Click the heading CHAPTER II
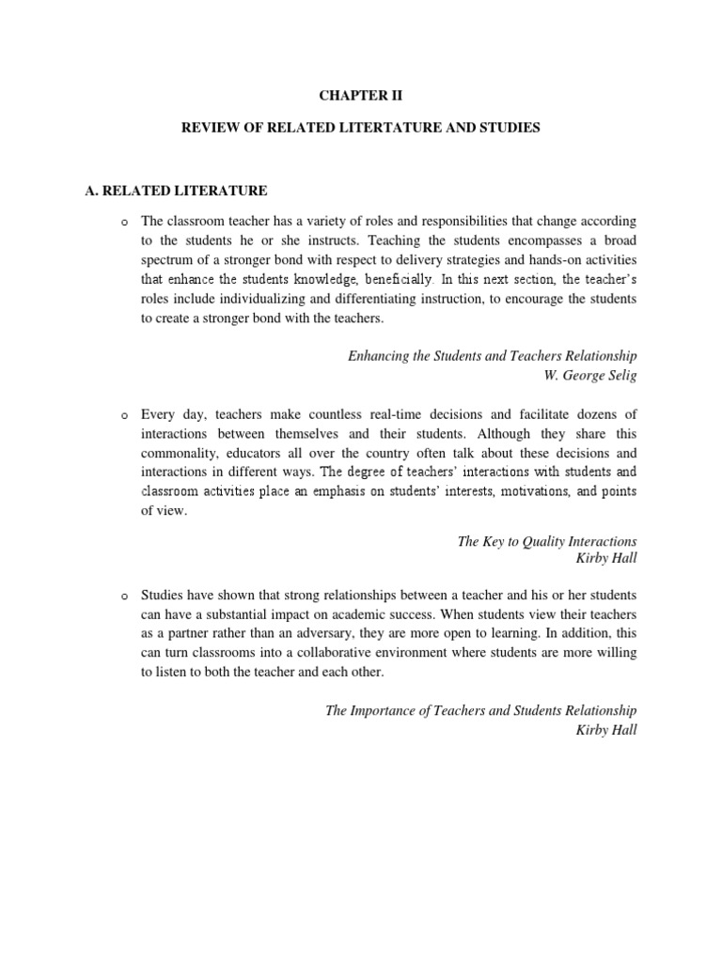360,94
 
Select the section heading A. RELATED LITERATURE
176,191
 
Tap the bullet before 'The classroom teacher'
123,222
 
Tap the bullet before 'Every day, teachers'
123,414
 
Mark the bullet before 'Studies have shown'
123,597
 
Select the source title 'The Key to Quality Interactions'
546,541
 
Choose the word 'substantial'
249,615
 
